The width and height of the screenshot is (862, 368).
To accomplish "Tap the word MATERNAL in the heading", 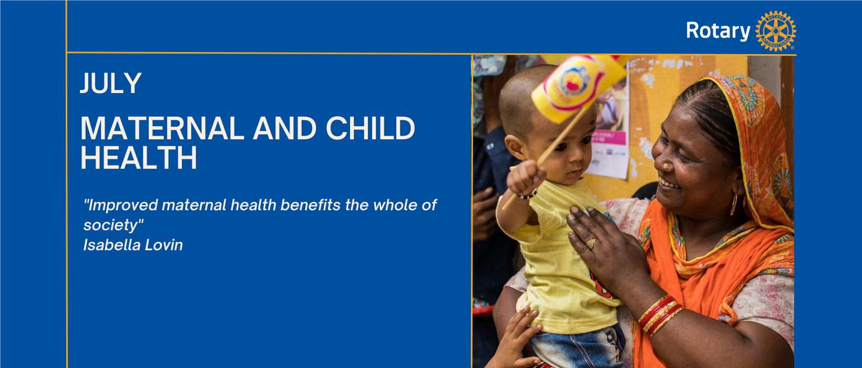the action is (162, 128).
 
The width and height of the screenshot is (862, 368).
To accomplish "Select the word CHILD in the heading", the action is (370, 128).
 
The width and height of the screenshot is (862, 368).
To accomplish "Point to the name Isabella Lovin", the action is (133, 245).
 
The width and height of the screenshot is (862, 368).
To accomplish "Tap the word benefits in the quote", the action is (310, 205).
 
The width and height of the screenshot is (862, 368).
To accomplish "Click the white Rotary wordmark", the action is (718, 31).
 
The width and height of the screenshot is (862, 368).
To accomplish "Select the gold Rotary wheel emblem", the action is (775, 31).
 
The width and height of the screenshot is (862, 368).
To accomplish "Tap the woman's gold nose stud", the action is (666, 166).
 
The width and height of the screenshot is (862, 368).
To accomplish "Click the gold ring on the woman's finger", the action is (591, 243).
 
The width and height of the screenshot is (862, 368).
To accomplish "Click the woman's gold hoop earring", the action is (734, 204).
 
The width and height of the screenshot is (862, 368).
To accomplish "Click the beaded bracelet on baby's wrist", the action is (527, 195).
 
